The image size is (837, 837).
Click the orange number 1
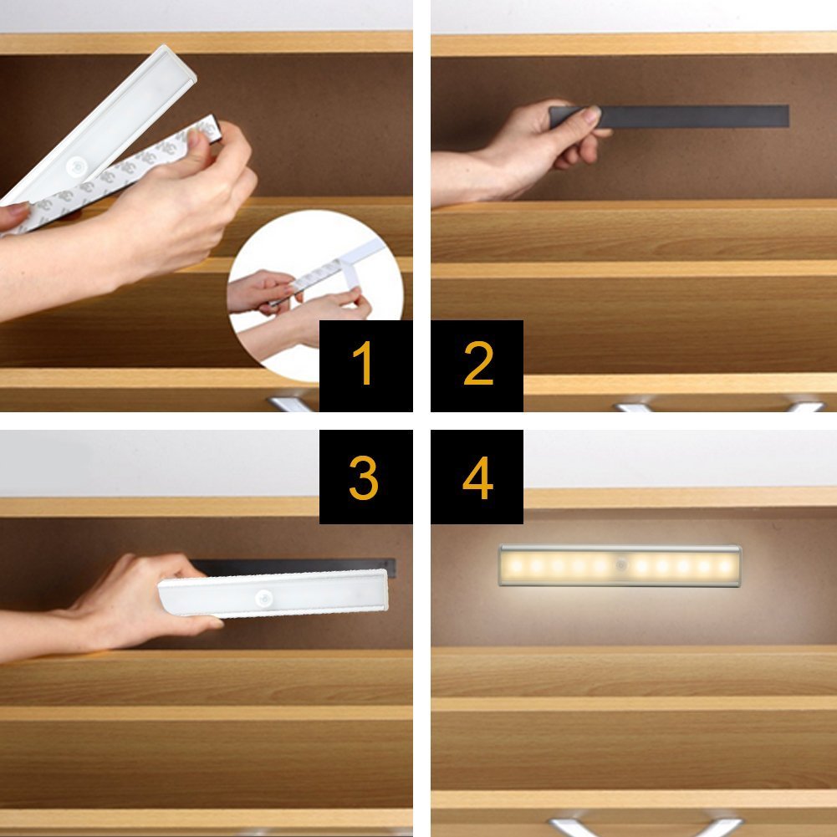pyautogui.click(x=363, y=363)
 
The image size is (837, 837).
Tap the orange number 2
pyautogui.click(x=478, y=363)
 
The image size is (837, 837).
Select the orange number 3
pyautogui.click(x=364, y=477)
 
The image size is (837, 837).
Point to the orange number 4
pyautogui.click(x=477, y=477)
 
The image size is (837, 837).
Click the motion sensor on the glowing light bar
pyautogui.click(x=620, y=565)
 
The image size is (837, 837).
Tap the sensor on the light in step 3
pyautogui.click(x=263, y=599)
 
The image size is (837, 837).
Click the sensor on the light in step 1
pyautogui.click(x=77, y=167)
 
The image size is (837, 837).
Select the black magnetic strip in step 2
pyautogui.click(x=669, y=116)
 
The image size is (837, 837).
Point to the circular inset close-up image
pyautogui.click(x=315, y=295)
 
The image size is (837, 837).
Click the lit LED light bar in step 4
pyautogui.click(x=620, y=566)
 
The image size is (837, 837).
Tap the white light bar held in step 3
pyautogui.click(x=273, y=594)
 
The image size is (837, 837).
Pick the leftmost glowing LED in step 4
pyautogui.click(x=516, y=565)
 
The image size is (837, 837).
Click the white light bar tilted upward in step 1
pyautogui.click(x=99, y=126)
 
